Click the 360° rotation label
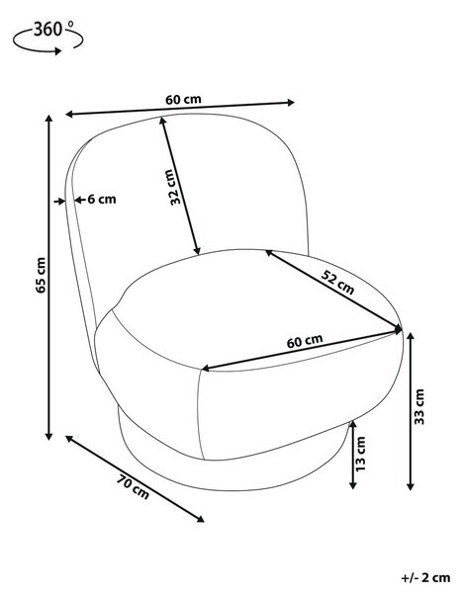pos(53,29)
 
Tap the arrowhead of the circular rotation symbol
pos(57,50)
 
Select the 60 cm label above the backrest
pos(183,100)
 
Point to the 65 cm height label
pos(41,275)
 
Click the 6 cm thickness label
pos(102,200)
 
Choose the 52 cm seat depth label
pos(337,283)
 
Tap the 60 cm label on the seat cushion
pos(305,341)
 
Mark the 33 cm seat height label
pos(419,406)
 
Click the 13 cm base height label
pos(361,454)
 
